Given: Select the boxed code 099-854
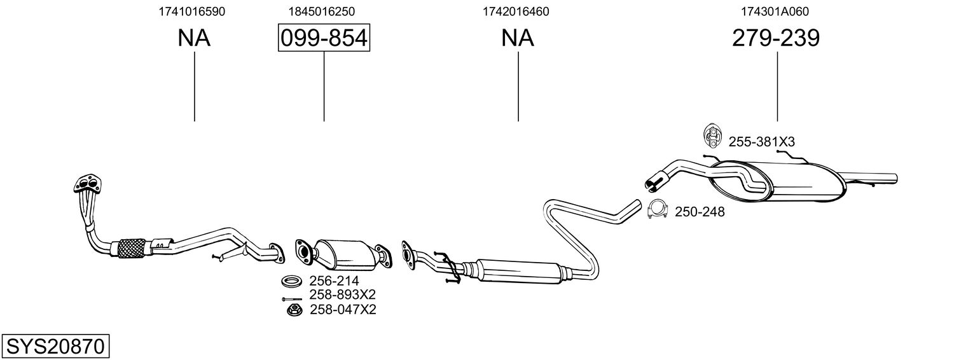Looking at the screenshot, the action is [324, 39].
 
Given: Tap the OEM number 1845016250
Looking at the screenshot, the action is [321, 11].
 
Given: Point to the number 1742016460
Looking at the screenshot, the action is [516, 11].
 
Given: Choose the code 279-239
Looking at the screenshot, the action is [776, 39].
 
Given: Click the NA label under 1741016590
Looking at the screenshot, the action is [194, 39].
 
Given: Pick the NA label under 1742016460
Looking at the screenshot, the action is [518, 39].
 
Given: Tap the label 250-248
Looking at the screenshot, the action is [700, 212].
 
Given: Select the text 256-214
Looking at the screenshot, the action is [334, 281].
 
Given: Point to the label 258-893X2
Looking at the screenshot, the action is [343, 295].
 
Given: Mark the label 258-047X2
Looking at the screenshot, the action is [343, 310].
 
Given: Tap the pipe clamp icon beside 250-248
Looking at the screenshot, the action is [657, 210].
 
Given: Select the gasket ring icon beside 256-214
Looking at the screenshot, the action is [293, 280].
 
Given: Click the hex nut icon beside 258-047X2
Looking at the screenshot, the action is [294, 310].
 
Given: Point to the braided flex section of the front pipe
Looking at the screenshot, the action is [132, 247].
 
